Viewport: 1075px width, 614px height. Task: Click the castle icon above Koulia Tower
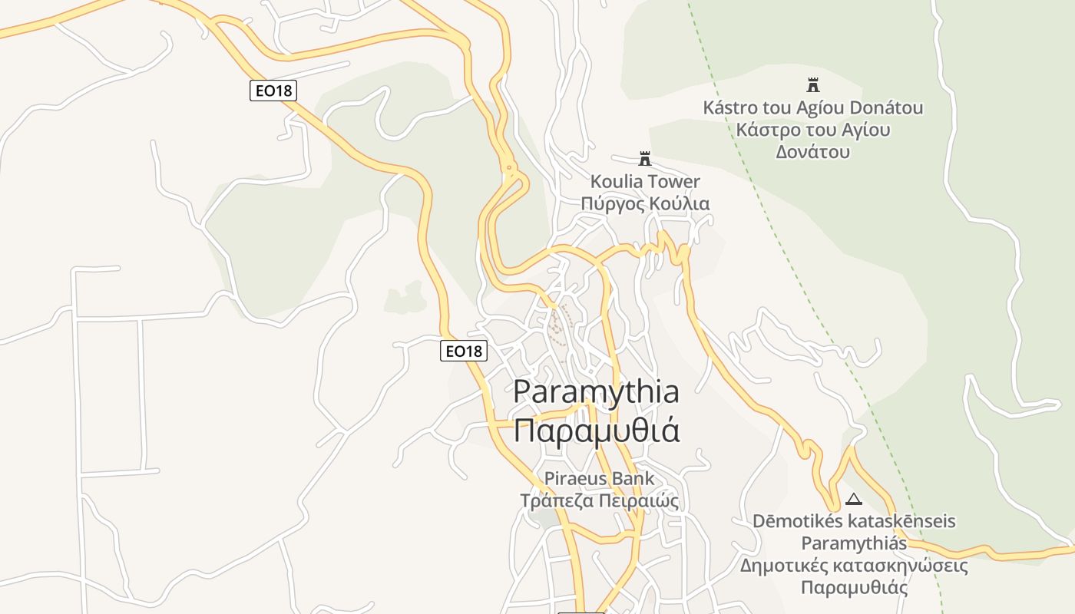click(645, 159)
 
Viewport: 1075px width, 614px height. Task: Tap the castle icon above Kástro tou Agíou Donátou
click(813, 84)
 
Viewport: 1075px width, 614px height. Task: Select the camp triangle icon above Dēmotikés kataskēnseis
click(853, 499)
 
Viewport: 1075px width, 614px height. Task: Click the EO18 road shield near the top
click(273, 91)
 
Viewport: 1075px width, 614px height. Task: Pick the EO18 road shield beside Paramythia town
click(464, 351)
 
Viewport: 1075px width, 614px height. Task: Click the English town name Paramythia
click(596, 391)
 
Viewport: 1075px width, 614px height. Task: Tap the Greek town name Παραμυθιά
click(596, 431)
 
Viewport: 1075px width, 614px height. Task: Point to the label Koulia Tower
click(645, 182)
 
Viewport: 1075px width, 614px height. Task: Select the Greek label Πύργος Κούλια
click(645, 204)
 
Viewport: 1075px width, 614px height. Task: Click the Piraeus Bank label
click(599, 478)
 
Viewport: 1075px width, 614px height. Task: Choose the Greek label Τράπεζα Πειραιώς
click(599, 501)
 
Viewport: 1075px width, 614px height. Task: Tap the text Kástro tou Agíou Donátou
click(813, 107)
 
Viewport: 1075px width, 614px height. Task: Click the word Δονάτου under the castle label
click(813, 151)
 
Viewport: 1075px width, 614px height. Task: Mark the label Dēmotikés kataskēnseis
click(854, 521)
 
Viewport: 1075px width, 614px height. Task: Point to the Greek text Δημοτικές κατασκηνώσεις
click(854, 566)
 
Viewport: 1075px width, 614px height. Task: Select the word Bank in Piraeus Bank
click(633, 478)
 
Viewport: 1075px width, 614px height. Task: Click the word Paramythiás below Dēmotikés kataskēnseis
click(854, 543)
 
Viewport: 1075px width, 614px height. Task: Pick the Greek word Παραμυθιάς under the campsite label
click(854, 589)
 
